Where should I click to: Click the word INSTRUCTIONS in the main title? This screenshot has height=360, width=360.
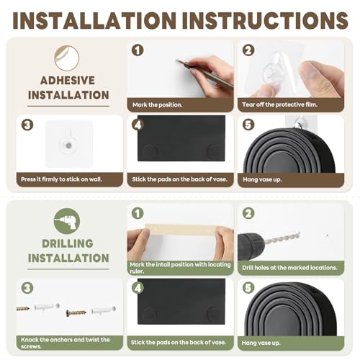[x=265, y=20]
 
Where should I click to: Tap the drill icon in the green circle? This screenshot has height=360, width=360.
[x=67, y=221]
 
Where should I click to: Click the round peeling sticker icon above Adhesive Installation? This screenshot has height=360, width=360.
[x=67, y=58]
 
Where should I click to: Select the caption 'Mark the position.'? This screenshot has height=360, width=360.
[x=158, y=105]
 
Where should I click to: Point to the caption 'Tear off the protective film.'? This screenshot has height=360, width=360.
[x=280, y=104]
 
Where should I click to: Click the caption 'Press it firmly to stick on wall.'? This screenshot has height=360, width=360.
[x=61, y=179]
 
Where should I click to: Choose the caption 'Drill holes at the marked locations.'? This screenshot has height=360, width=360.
[x=289, y=268]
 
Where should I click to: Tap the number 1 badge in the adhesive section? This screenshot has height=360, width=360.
[x=138, y=50]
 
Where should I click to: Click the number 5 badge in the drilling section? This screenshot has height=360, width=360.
[x=248, y=288]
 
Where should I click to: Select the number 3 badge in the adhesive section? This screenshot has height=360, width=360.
[x=27, y=125]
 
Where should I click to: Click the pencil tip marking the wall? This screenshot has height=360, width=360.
[x=176, y=60]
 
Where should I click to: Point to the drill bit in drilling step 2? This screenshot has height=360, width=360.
[x=282, y=238]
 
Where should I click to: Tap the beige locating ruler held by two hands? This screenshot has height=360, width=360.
[x=181, y=229]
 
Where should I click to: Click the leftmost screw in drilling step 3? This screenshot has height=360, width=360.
[x=23, y=309]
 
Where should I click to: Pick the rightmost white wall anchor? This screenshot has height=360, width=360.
[x=104, y=310]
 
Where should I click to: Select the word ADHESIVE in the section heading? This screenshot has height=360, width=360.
[x=68, y=81]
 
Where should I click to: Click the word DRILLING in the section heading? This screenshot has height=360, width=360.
[x=68, y=243]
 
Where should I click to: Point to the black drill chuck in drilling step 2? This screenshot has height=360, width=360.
[x=251, y=246]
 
